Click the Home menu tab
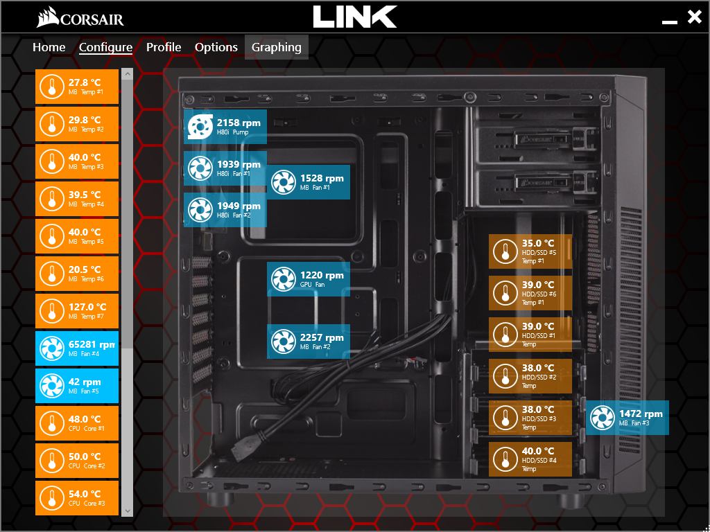49,47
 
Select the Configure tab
105,47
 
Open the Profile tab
164,47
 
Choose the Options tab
216,47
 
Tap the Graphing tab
277,47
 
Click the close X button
694,17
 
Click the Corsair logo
80,17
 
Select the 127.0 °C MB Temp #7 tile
77,311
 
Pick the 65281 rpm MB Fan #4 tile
77,348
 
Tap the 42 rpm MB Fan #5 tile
77,386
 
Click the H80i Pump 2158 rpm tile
225,127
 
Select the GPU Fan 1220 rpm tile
309,279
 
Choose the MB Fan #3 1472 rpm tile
627,418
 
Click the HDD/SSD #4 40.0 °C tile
530,459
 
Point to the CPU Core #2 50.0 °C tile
77,461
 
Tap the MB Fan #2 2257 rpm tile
309,342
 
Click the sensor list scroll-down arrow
127,511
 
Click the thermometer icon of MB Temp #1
51,87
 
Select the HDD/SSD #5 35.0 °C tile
530,251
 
